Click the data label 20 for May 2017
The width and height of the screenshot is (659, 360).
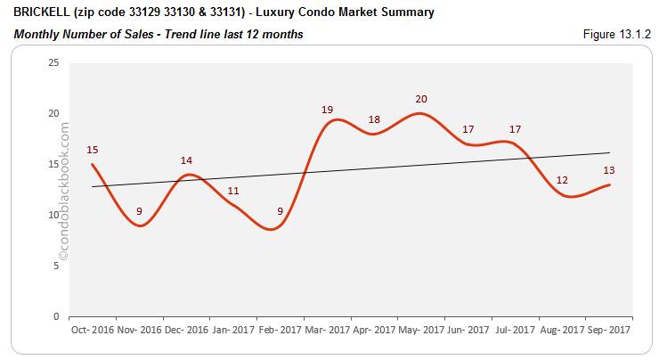click(421, 99)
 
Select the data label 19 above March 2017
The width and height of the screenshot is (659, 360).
click(328, 109)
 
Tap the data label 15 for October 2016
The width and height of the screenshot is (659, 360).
click(92, 149)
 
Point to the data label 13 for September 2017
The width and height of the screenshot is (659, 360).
click(609, 170)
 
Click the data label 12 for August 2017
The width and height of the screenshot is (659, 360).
click(562, 180)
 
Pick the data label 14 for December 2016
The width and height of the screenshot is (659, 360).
click(185, 160)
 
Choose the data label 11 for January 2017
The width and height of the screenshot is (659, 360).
click(232, 191)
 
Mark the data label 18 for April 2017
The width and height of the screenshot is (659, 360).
click(374, 119)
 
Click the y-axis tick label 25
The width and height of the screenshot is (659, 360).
click(53, 62)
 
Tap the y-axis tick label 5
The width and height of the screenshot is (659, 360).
click(56, 266)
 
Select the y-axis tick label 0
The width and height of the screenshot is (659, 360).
click(56, 316)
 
